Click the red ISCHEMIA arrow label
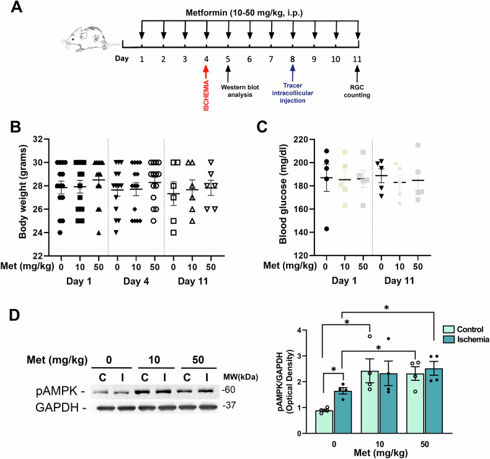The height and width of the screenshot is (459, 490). click(207, 96)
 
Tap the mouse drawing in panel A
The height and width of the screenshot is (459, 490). click(89, 38)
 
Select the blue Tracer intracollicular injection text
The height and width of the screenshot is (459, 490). click(293, 93)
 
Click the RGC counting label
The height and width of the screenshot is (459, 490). click(357, 91)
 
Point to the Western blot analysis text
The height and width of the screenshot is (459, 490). click(240, 91)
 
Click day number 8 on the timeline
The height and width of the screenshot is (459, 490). click(293, 59)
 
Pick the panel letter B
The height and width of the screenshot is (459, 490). click(16, 127)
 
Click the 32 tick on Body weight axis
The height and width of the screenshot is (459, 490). click(38, 139)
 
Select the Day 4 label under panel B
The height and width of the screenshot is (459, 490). click(136, 281)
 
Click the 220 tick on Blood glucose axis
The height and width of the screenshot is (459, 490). click(301, 139)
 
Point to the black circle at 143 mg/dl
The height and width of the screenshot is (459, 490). click(326, 229)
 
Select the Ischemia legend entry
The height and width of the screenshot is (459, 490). click(466, 339)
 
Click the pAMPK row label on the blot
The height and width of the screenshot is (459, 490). click(60, 391)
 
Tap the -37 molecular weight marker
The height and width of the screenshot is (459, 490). click(229, 406)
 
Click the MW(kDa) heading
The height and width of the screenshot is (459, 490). click(241, 377)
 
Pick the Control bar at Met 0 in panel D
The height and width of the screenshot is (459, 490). click(324, 422)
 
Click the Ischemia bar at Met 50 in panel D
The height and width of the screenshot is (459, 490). click(434, 401)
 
